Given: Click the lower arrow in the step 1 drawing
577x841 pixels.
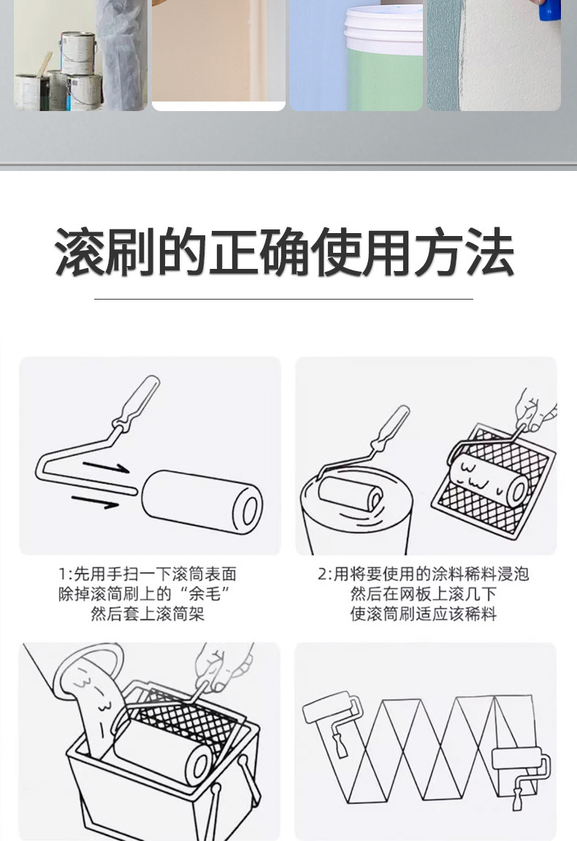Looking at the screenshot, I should tap(95, 501).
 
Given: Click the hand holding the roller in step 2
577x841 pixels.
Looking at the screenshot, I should tap(532, 411).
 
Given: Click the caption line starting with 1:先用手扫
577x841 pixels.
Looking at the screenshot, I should tap(148, 574).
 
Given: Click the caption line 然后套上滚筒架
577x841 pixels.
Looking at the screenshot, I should tap(148, 614).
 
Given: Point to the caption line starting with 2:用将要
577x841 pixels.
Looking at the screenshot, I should tap(423, 574).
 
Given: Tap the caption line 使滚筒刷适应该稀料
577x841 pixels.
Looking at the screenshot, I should tap(423, 614).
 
